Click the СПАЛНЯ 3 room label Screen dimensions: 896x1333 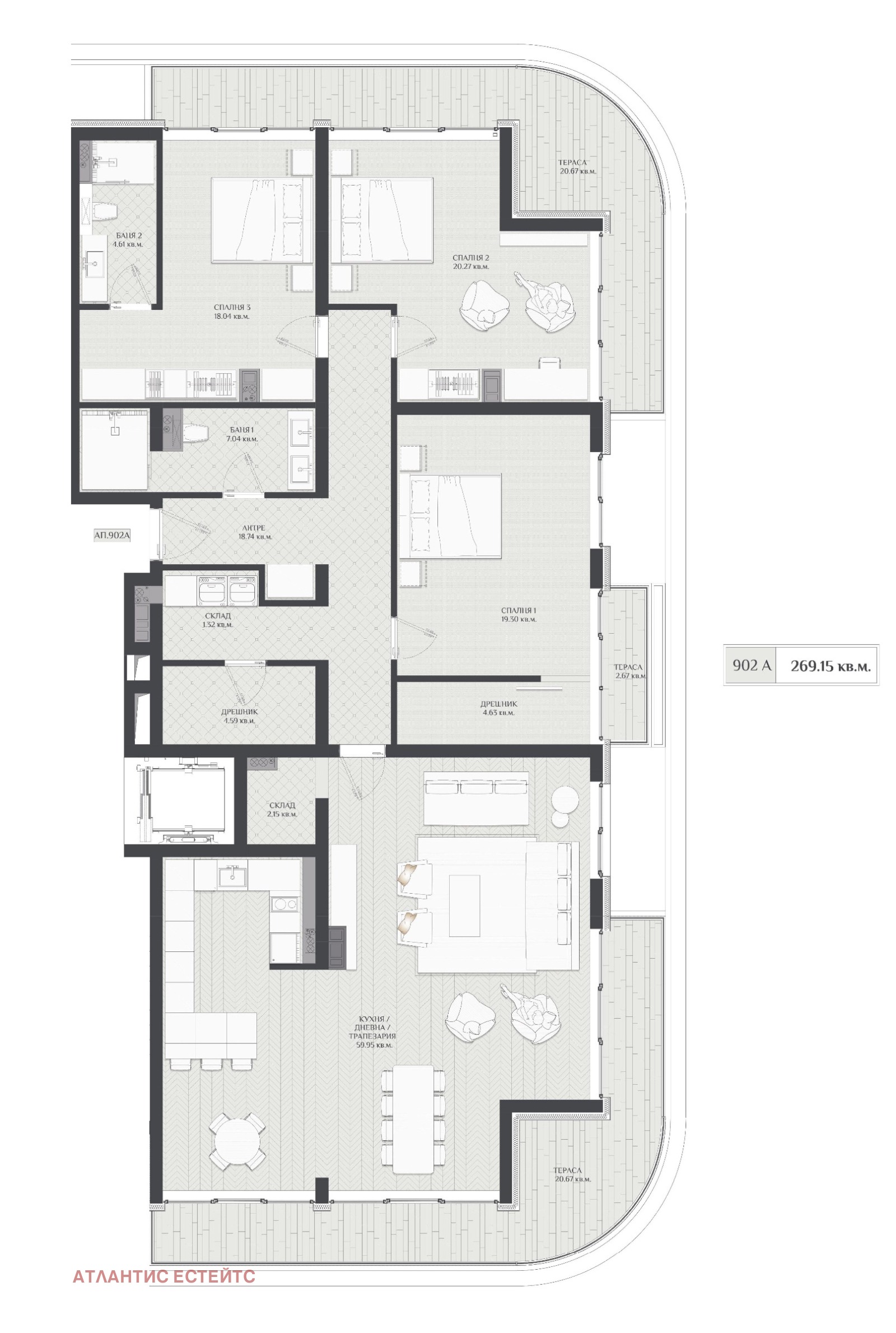point(231,308)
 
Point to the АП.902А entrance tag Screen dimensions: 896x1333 point(112,536)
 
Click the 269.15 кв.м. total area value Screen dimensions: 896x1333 point(831,666)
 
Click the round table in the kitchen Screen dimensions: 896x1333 point(237,1142)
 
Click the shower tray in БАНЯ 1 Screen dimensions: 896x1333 point(115,449)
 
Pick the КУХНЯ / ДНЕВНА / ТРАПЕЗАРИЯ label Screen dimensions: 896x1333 point(377,1032)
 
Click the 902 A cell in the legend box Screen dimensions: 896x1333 point(752,665)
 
